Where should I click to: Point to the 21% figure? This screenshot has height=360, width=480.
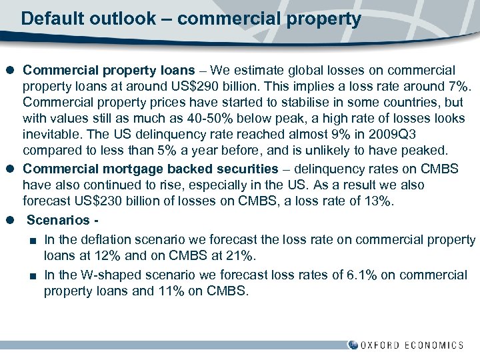pyautogui.click(x=241, y=255)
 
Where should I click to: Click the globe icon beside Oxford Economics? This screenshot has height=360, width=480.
pyautogui.click(x=353, y=345)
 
